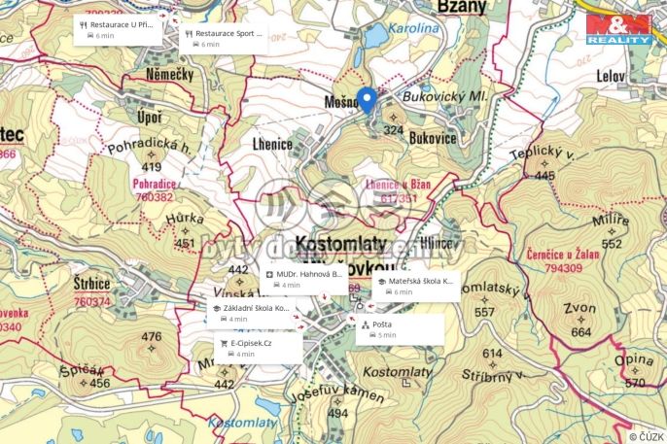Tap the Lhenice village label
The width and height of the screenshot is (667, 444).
[x=272, y=144]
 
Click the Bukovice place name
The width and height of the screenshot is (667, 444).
[x=433, y=139]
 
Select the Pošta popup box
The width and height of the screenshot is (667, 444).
[x=400, y=329]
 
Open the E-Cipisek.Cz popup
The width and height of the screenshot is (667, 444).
[x=259, y=348]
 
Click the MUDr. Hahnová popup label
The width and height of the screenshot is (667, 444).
[x=304, y=279]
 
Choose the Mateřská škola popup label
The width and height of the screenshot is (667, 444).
[x=415, y=286]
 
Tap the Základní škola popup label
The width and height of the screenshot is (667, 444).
[x=250, y=313]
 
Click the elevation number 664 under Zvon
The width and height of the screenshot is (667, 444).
[x=580, y=332]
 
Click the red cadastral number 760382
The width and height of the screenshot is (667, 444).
[x=154, y=196]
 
